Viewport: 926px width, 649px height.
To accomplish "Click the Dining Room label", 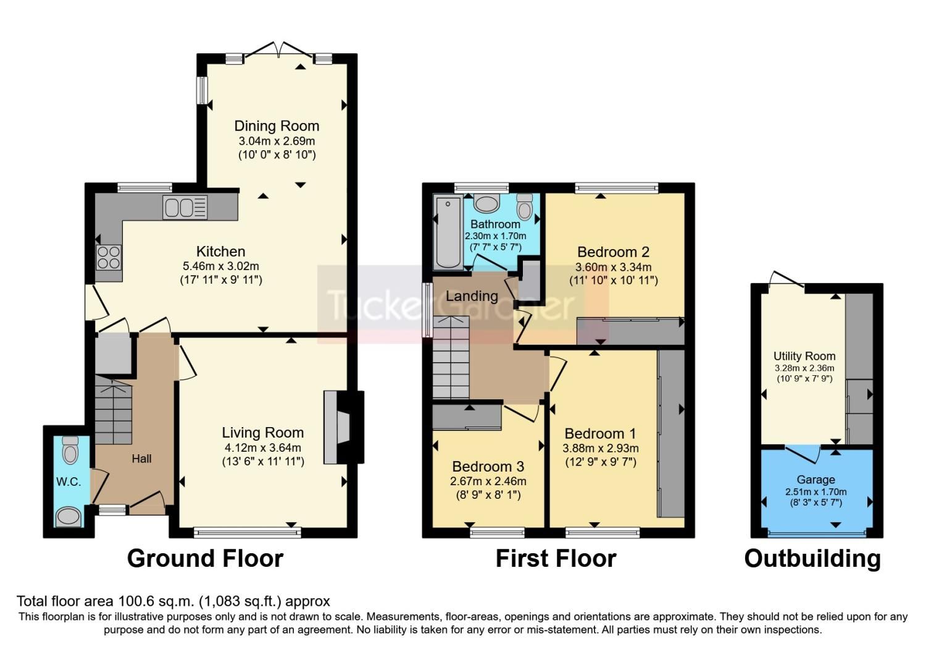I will (277, 126).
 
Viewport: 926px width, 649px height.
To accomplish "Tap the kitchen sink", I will (185, 207).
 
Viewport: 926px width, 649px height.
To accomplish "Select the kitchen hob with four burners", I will (109, 257).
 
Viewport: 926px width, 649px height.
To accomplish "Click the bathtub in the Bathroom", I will (448, 232).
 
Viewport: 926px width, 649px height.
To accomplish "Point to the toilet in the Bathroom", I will (525, 207).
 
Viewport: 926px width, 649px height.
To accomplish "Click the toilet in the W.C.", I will (70, 450).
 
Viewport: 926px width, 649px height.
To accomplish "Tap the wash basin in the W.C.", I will (68, 517).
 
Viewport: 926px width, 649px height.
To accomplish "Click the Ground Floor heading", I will (205, 559).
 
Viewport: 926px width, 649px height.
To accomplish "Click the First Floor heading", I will (556, 559).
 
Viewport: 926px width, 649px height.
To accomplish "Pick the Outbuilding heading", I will (812, 559).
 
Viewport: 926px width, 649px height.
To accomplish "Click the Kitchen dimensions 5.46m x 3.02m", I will (220, 266).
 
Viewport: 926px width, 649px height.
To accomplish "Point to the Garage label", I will (816, 480).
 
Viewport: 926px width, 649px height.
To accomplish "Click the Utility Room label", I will (804, 356).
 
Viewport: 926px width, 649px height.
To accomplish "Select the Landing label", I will (472, 296).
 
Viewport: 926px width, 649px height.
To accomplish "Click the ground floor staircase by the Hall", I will (113, 411).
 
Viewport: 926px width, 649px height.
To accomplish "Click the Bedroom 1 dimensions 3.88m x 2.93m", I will (600, 448).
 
